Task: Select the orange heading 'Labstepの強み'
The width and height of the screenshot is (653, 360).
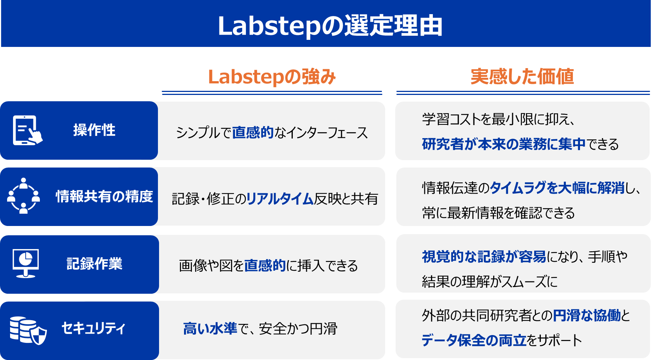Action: pos(272,77)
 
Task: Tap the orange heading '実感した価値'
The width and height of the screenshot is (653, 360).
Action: pos(522,77)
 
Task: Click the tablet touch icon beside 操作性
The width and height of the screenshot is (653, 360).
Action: pos(28,130)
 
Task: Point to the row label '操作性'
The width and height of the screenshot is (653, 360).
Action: pos(94,130)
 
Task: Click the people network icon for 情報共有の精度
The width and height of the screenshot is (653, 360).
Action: pos(23,196)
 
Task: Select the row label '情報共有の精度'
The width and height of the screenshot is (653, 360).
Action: pos(104,196)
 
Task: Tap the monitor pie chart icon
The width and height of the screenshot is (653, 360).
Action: pos(26,263)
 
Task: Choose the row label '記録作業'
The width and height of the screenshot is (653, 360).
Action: pos(94,263)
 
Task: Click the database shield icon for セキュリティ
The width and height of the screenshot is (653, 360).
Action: pos(28,330)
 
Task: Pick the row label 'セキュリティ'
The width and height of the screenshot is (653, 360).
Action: pos(93,328)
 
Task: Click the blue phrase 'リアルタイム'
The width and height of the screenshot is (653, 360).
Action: pos(280,198)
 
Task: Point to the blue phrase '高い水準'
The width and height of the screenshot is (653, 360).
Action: pos(210,328)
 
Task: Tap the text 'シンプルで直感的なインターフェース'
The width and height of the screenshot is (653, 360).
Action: pos(272,133)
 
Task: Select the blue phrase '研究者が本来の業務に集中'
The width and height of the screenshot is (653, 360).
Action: pos(504,144)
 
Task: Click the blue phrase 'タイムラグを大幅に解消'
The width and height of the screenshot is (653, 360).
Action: pos(557,188)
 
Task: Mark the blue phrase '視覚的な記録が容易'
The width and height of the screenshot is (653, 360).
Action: pos(484,257)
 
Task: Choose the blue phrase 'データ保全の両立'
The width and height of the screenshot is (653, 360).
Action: pos(474,340)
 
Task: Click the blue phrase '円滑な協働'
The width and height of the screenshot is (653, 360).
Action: pos(587,315)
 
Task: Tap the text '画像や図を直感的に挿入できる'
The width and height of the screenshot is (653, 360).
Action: pos(268,265)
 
